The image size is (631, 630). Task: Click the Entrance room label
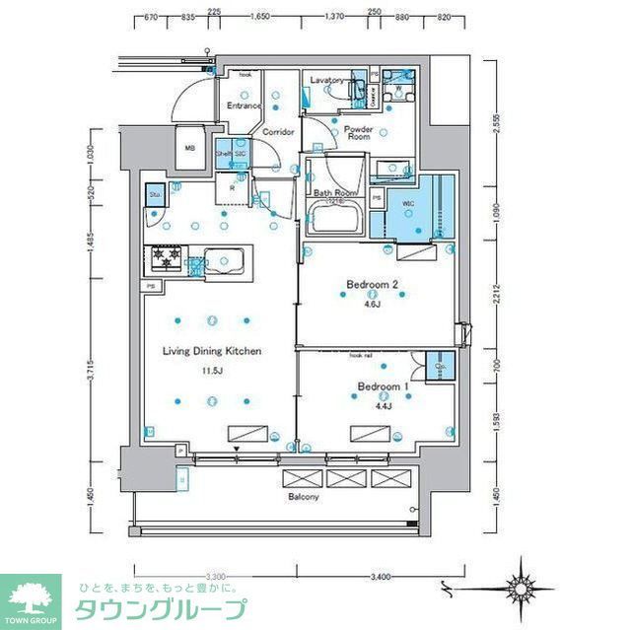(244, 105)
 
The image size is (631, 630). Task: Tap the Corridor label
(278, 130)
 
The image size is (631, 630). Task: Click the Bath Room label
(334, 193)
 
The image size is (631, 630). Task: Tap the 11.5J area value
(213, 371)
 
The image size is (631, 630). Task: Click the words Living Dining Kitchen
(212, 351)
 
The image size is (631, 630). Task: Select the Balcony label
(303, 497)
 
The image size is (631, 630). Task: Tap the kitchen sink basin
(228, 261)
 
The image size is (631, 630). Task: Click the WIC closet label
(407, 205)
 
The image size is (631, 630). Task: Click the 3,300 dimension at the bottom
(218, 576)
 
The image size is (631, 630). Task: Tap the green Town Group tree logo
(30, 597)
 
